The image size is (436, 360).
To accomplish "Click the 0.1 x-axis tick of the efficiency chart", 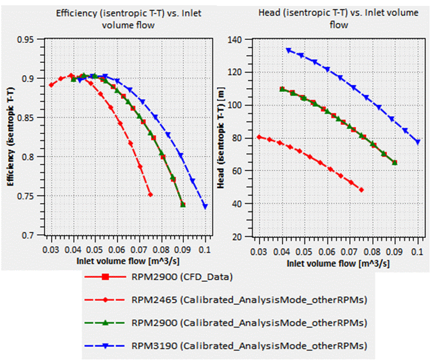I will pos(206,250).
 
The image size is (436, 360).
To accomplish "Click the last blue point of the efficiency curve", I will pos(205,206).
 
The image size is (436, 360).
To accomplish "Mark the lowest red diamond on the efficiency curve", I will pos(150,194).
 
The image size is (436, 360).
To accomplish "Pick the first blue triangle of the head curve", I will pos(289,51).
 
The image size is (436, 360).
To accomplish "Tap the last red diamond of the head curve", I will pos(361,190).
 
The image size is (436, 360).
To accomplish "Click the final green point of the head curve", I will pos(394,163).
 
